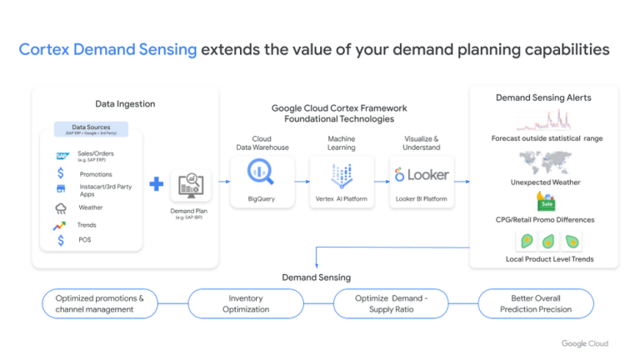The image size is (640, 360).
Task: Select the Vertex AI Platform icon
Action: pyautogui.click(x=342, y=174)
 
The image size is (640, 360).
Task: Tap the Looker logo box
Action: pyautogui.click(x=422, y=174)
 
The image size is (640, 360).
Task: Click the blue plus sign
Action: pyautogui.click(x=157, y=183)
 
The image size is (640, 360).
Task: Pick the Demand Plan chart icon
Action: pyautogui.click(x=191, y=185)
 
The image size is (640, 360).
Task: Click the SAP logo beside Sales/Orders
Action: pyautogui.click(x=62, y=155)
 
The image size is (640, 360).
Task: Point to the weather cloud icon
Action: pyautogui.click(x=61, y=208)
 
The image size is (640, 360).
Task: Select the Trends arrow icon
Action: pyautogui.click(x=61, y=225)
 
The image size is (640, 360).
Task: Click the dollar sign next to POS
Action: pyautogui.click(x=61, y=241)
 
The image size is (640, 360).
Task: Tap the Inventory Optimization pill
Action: pyautogui.click(x=246, y=303)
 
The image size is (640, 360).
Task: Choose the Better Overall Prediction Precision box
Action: pyautogui.click(x=535, y=303)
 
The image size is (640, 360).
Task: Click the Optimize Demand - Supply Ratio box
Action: pyautogui.click(x=391, y=303)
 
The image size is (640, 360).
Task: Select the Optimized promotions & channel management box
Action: pyautogui.click(x=100, y=303)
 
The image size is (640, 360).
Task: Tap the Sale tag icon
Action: pyautogui.click(x=546, y=202)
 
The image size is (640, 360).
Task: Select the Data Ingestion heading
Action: pyautogui.click(x=125, y=104)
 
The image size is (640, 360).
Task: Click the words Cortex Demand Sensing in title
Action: pyautogui.click(x=108, y=49)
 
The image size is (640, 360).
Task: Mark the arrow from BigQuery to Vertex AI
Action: pyautogui.click(x=296, y=179)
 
